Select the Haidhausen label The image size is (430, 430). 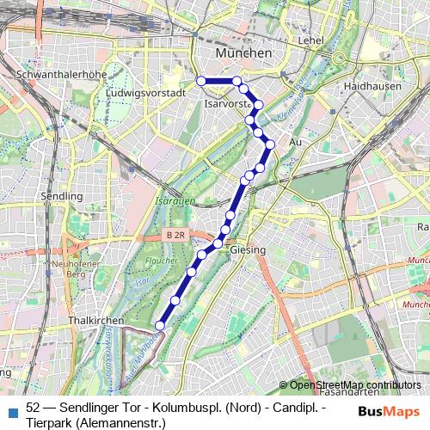[367, 88]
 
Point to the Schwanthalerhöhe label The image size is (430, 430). [55, 75]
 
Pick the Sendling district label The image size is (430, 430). [61, 196]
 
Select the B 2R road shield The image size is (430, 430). [176, 235]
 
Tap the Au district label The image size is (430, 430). [296, 141]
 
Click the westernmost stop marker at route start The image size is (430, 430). [201, 81]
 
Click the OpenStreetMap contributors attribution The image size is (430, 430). [355, 384]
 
